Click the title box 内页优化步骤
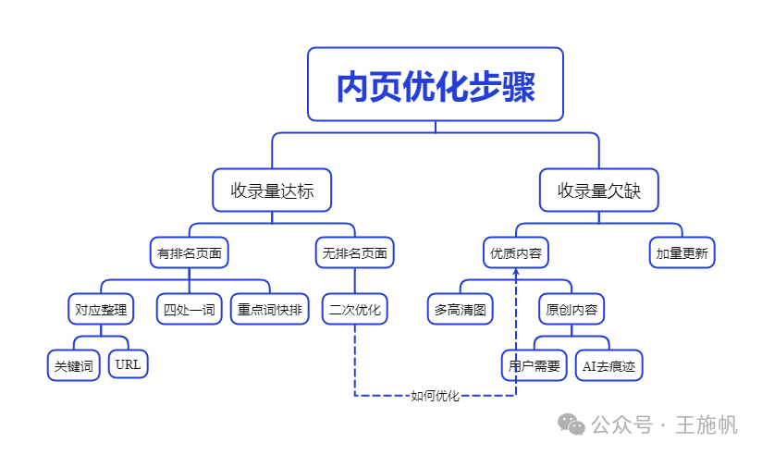coord(435,84)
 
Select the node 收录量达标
coord(272,191)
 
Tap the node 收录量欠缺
coord(598,191)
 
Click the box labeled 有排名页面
coord(190,252)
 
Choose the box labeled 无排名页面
coord(354,252)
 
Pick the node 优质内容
coord(515,252)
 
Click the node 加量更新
coord(682,252)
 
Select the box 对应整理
coord(101,309)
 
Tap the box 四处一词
coord(190,309)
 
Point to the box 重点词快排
coord(270,309)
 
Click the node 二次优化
coord(354,309)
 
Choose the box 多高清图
coord(460,309)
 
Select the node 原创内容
coord(571,309)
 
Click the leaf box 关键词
coord(74,365)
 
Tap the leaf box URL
coord(129,364)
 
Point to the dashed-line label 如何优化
coord(435,396)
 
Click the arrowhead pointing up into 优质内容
coord(515,274)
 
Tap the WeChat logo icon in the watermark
coord(571,424)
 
